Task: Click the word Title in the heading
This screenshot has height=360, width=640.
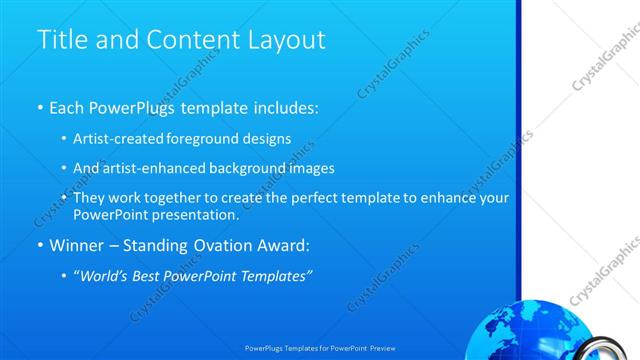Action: (x=59, y=40)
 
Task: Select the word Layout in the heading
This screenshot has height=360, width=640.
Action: (x=290, y=40)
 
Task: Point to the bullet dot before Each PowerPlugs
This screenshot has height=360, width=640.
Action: (x=40, y=107)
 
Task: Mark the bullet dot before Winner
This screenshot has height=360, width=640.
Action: (x=40, y=245)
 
